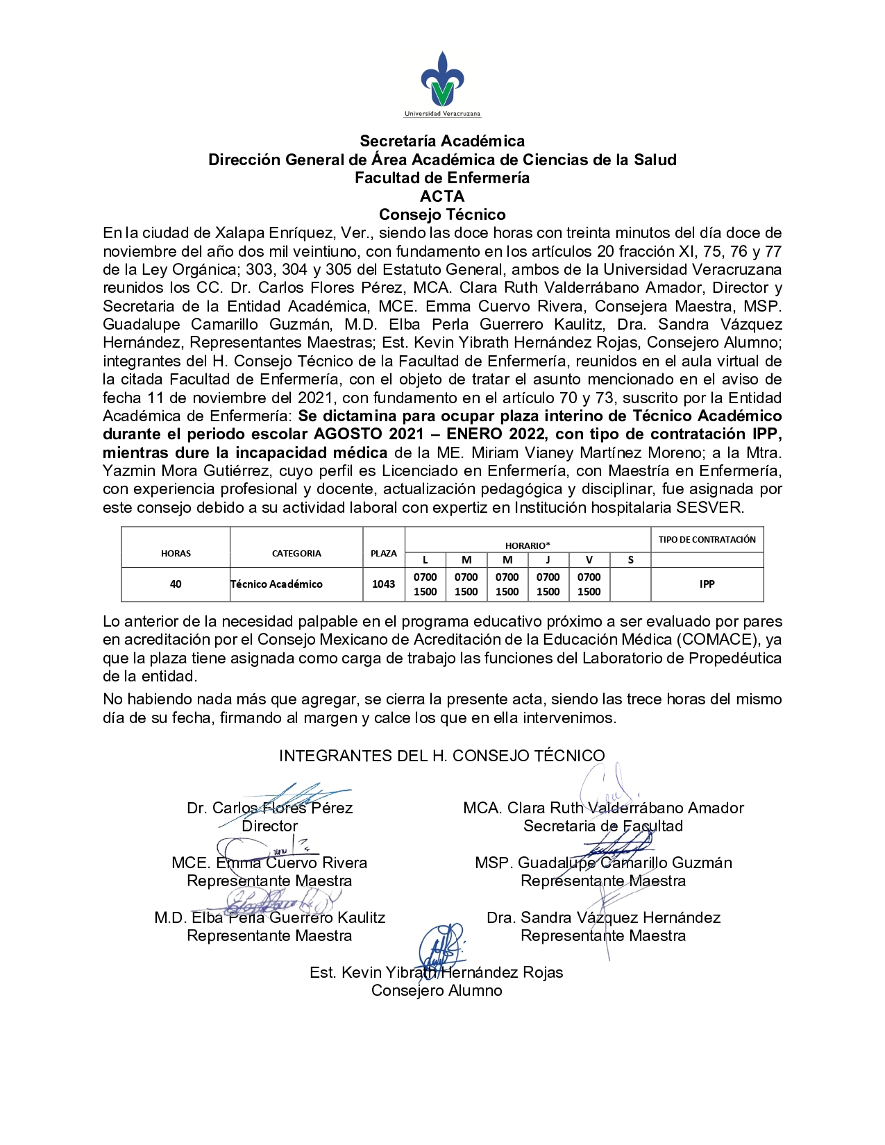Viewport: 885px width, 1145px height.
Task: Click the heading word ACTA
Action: click(x=442, y=196)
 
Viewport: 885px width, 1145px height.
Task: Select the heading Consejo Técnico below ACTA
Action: click(x=442, y=214)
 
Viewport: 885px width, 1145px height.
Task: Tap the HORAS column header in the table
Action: click(x=176, y=553)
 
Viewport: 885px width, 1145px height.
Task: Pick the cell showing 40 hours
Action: click(x=176, y=584)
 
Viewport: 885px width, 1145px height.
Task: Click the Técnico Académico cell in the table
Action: click(x=277, y=584)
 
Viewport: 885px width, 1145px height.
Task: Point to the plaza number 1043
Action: click(x=383, y=584)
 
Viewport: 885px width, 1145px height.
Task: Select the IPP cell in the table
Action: click(x=707, y=584)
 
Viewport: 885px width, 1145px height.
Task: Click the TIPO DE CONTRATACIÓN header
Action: click(x=707, y=539)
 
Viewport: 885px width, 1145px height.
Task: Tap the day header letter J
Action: click(x=548, y=560)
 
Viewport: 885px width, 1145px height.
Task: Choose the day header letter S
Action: click(x=630, y=560)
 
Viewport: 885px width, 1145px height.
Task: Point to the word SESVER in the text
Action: click(x=716, y=507)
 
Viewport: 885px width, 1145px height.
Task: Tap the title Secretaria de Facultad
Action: click(x=603, y=826)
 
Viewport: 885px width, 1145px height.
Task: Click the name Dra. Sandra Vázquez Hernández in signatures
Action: click(x=603, y=917)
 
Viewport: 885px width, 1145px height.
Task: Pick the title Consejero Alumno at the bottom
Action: click(x=437, y=990)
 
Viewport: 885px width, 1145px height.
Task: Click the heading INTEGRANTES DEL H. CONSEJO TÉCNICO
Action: click(x=441, y=756)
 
